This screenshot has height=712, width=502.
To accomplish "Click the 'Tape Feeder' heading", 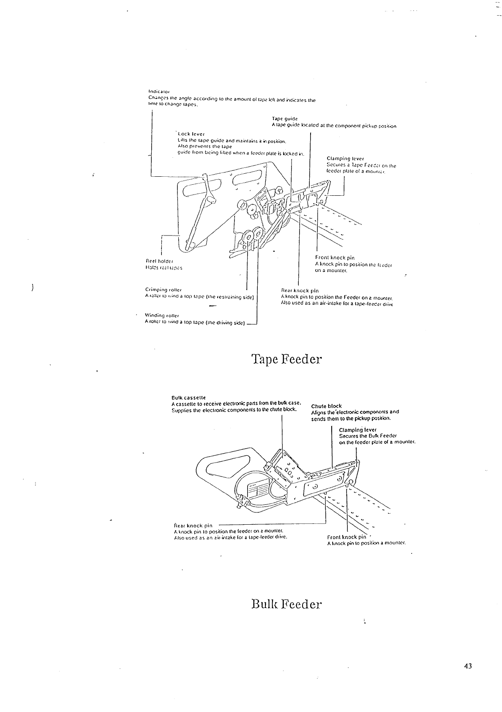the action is (x=286, y=359).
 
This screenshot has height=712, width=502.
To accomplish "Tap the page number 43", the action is (x=467, y=666).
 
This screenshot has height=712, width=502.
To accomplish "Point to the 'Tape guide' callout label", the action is (x=285, y=119).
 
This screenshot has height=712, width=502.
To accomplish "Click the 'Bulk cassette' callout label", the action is (x=188, y=397).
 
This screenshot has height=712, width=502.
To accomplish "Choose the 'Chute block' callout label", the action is (x=326, y=406).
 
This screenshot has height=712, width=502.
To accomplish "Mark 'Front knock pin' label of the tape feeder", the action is (x=335, y=257).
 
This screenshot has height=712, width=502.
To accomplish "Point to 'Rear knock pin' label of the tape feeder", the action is (x=300, y=290).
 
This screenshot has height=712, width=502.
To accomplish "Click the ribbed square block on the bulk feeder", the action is (x=257, y=490).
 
